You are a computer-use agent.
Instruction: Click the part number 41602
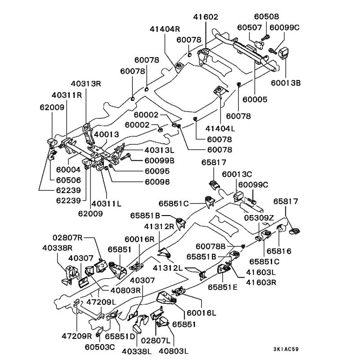tap(206, 17)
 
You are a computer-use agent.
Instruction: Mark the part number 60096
tap(144, 182)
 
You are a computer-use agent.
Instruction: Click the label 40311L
tap(106, 203)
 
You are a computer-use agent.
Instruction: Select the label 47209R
tap(77, 335)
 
